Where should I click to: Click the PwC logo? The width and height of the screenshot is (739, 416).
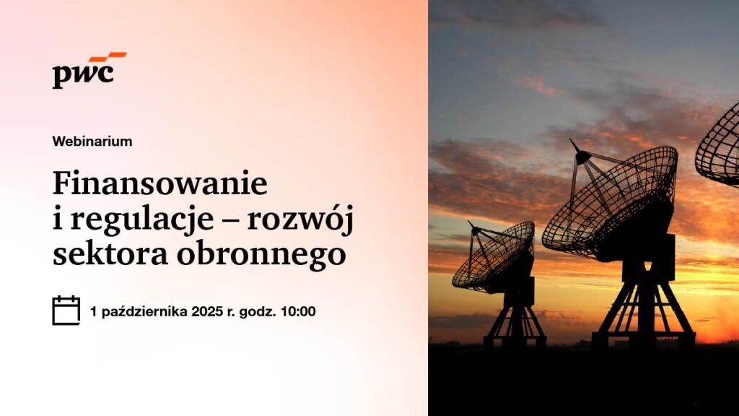point(89,70)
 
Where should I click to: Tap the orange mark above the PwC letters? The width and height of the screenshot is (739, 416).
point(108,57)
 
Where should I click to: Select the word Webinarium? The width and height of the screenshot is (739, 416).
point(92,141)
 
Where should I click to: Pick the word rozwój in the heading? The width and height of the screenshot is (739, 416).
point(299,220)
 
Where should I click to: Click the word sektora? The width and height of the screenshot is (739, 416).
point(110,253)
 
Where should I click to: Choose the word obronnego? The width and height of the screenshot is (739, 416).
point(261,255)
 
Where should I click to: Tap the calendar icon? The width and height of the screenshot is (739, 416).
point(66,311)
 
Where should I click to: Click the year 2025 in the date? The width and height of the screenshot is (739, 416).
point(207,311)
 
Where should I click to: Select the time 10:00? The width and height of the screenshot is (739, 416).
point(298,311)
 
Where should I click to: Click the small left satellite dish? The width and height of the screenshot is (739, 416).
point(494,255)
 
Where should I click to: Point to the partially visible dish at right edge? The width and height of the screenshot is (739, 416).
point(717,146)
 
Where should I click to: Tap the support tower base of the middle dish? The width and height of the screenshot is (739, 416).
point(644,306)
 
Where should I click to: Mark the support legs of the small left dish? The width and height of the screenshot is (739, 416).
point(515,322)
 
